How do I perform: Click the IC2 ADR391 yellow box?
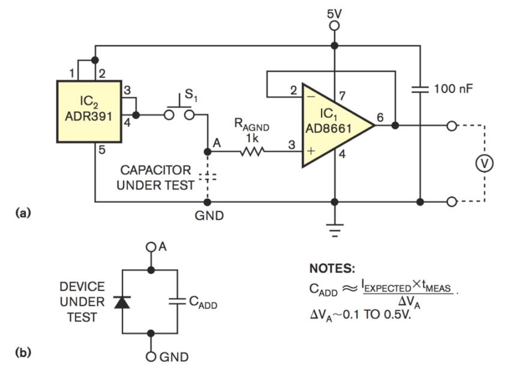click(88, 111)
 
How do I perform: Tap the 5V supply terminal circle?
click(335, 25)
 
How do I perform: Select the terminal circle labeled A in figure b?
click(151, 248)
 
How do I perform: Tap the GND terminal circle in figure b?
click(151, 357)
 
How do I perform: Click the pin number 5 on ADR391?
click(101, 150)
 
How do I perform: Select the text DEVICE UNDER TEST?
click(82, 301)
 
